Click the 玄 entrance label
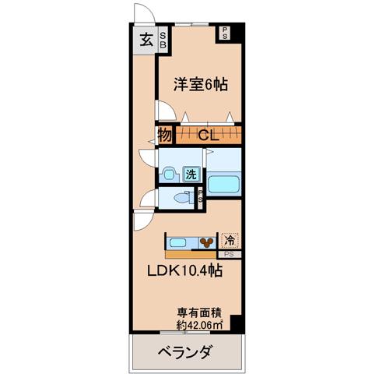(146, 40)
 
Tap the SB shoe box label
(163, 41)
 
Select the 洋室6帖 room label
(201, 84)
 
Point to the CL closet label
(209, 135)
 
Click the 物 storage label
(165, 135)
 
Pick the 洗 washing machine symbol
(191, 175)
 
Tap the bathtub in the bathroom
(223, 184)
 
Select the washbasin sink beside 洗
(169, 174)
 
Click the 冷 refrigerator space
(230, 241)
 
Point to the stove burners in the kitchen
(207, 243)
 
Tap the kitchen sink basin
(178, 243)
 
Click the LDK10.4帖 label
(184, 271)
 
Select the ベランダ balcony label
(186, 352)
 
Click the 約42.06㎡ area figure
(199, 325)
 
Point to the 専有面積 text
(199, 313)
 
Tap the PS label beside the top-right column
(225, 34)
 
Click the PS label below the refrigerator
(229, 255)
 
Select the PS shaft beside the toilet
(200, 198)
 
